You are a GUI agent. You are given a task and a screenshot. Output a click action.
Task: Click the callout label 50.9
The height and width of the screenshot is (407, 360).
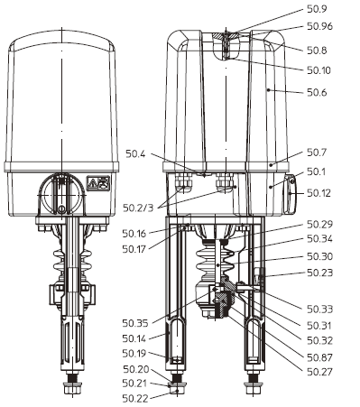point(318,10)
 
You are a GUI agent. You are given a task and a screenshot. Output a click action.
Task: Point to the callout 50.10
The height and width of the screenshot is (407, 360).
point(320,69)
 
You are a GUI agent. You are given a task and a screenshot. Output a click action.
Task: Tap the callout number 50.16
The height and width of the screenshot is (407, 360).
point(136,233)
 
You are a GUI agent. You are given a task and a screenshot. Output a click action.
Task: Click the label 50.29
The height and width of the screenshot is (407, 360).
point(320,223)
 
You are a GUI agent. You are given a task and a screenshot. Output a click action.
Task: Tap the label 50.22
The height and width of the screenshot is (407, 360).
point(136,398)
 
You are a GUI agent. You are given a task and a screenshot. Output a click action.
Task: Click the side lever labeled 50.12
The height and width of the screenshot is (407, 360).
point(291,192)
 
